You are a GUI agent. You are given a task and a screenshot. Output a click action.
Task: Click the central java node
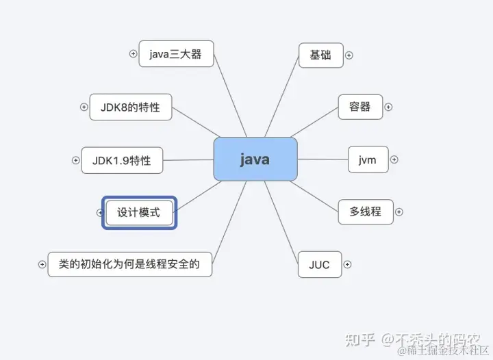click(x=255, y=159)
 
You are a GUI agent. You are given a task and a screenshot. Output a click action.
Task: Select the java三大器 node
click(x=176, y=54)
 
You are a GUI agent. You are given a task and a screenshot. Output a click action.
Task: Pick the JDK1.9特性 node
click(x=121, y=161)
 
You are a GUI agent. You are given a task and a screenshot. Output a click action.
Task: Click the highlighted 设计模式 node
click(x=139, y=212)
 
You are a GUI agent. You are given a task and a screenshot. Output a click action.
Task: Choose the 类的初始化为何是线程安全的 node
click(x=129, y=264)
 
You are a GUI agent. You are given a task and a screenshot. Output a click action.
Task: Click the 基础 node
click(x=320, y=55)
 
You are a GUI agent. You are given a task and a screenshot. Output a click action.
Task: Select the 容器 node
click(x=360, y=107)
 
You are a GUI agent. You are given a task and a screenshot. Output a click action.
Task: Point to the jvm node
click(x=368, y=159)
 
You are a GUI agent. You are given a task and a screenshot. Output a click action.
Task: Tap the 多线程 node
click(x=366, y=211)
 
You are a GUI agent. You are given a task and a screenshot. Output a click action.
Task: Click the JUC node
click(x=320, y=264)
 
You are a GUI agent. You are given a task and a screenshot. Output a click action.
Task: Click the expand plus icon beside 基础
click(x=349, y=55)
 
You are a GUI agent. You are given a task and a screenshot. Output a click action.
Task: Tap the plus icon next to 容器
click(x=388, y=107)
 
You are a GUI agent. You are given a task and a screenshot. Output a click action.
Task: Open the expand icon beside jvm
click(x=393, y=159)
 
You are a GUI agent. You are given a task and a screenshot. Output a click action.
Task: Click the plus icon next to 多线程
click(x=399, y=211)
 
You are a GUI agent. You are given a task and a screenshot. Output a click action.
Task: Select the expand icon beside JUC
click(x=347, y=264)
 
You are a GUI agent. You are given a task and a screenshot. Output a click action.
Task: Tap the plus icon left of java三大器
click(x=134, y=54)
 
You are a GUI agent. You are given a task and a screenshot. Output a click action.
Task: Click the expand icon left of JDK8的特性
click(x=84, y=107)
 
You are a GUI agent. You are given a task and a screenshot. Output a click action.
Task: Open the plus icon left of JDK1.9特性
click(x=75, y=161)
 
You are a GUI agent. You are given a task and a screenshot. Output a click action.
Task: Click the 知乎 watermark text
click(x=359, y=339)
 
